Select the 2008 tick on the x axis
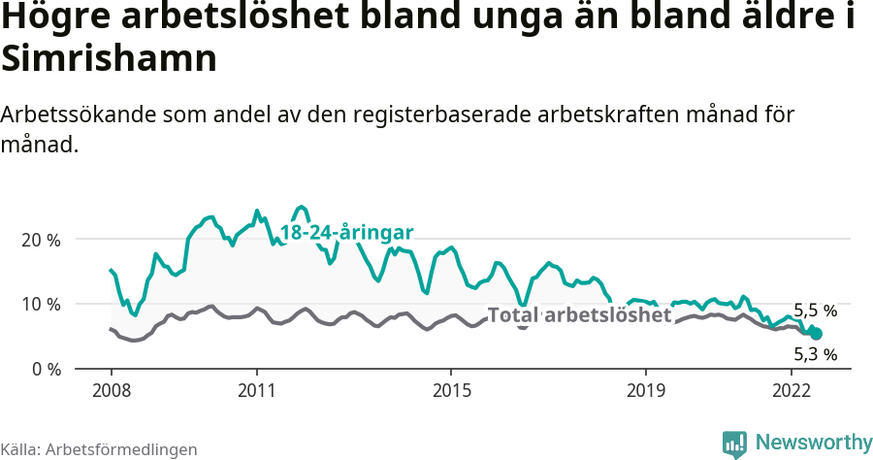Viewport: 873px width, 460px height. click(111, 390)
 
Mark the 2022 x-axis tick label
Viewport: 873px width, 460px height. click(792, 390)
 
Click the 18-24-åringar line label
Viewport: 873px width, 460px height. click(347, 232)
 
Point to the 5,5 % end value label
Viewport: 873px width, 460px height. click(815, 311)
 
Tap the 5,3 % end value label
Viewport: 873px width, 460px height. click(815, 354)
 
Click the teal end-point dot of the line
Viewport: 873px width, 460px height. click(817, 333)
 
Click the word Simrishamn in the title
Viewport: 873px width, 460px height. click(108, 60)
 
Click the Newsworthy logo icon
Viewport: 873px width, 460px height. click(734, 444)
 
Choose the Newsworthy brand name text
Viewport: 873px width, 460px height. click(813, 443)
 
